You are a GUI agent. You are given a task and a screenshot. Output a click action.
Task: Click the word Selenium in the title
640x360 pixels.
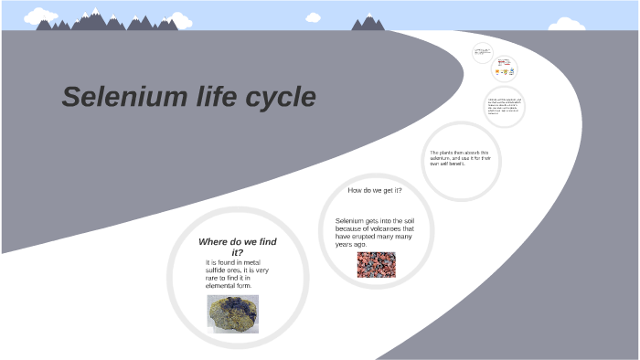tap(112, 97)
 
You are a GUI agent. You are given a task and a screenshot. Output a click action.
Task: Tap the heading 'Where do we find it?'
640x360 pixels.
tap(237, 247)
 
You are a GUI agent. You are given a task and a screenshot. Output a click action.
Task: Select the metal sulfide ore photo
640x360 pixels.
tap(232, 312)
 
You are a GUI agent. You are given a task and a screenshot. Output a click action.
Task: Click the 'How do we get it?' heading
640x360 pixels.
tap(375, 190)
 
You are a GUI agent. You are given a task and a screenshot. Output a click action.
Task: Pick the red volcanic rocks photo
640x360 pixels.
tap(376, 264)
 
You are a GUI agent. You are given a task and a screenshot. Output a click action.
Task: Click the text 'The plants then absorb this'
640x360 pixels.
tap(459, 153)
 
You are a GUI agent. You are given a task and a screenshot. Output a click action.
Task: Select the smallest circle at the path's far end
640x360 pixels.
tap(483, 53)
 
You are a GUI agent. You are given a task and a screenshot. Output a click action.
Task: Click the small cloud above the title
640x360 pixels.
tap(313, 17)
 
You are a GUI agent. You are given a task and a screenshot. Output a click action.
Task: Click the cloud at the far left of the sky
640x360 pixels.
tap(39, 16)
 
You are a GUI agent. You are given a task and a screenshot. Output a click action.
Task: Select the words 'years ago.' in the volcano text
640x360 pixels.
tap(351, 245)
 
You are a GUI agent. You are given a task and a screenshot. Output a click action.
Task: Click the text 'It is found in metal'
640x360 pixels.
tap(232, 262)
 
